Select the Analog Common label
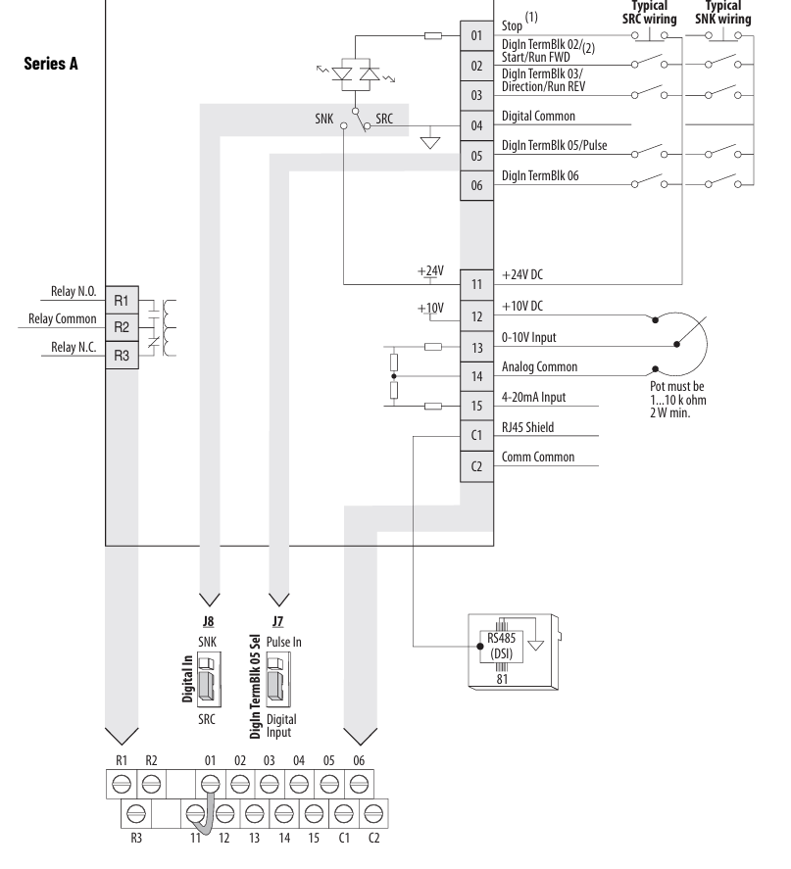tap(544, 368)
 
